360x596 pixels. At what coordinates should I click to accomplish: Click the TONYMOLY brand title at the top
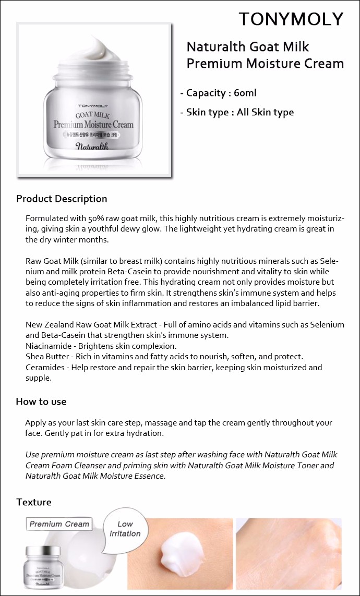291,19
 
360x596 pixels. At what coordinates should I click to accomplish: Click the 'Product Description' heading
62,199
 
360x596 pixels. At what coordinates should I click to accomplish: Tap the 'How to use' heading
41,402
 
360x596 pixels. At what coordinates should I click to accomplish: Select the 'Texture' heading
34,502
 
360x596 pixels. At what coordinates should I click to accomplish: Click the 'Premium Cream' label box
59,524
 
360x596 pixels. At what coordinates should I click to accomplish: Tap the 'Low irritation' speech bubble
125,528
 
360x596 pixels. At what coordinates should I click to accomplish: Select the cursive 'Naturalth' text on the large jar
92,146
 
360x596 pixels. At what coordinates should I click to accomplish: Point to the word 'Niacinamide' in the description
47,346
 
